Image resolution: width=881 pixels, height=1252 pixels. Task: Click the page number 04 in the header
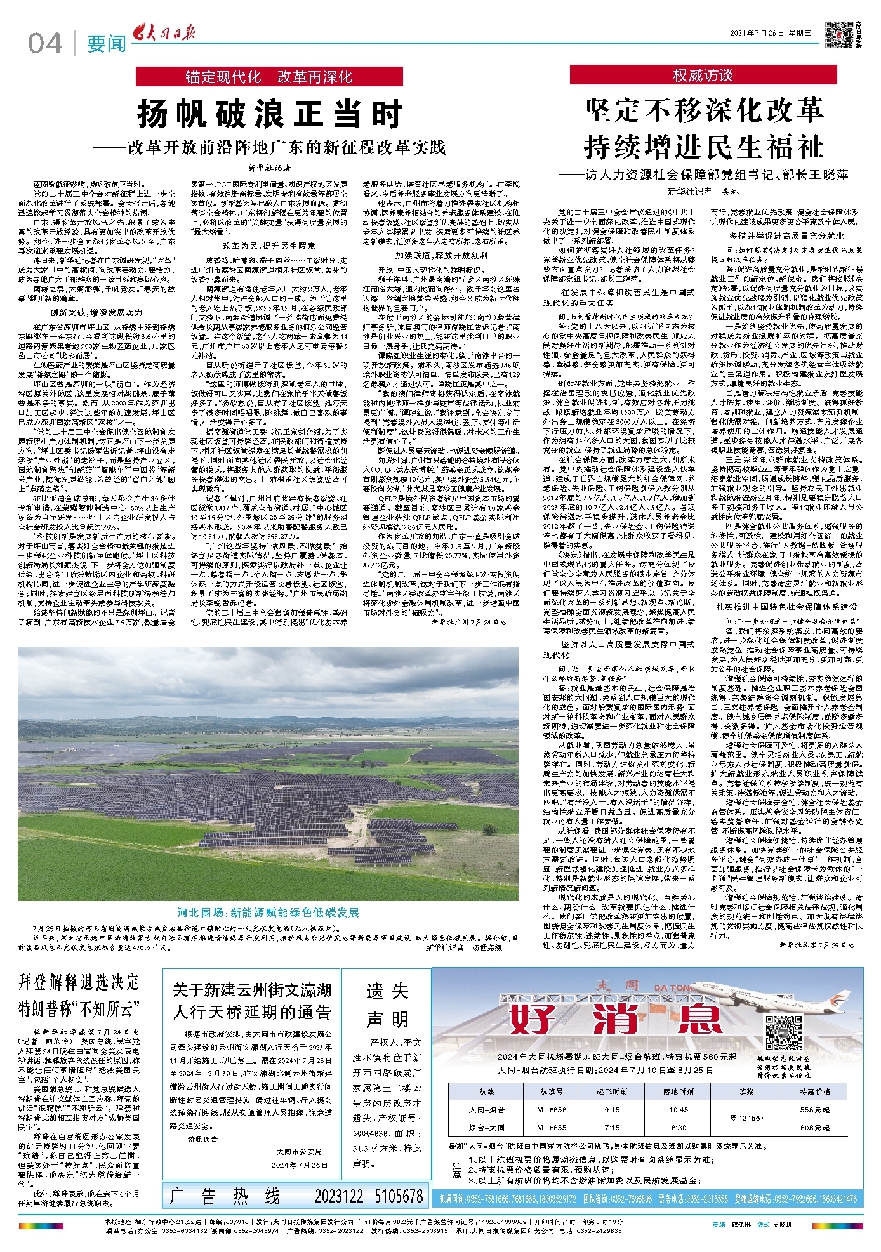point(45,43)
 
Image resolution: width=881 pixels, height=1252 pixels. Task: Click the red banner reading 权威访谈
point(703,76)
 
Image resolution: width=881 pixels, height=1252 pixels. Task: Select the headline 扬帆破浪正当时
point(270,114)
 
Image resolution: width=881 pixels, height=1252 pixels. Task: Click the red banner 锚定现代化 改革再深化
point(269,77)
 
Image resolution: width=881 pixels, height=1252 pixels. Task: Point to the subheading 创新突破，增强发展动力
point(96,313)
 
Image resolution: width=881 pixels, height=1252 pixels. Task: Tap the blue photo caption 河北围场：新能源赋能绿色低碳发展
point(268,913)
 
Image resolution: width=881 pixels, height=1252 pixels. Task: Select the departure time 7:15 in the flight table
point(612,1128)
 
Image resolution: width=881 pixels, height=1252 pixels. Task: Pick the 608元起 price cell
point(815,1128)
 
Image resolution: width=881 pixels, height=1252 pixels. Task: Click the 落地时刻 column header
point(678,1091)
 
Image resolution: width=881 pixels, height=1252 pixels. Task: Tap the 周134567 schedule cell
point(746,1118)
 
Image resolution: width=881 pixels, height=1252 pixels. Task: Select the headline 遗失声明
point(387,1005)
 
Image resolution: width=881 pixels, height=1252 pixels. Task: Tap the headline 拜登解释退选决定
point(79,983)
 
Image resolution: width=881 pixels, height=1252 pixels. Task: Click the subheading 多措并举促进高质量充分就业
point(786,236)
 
